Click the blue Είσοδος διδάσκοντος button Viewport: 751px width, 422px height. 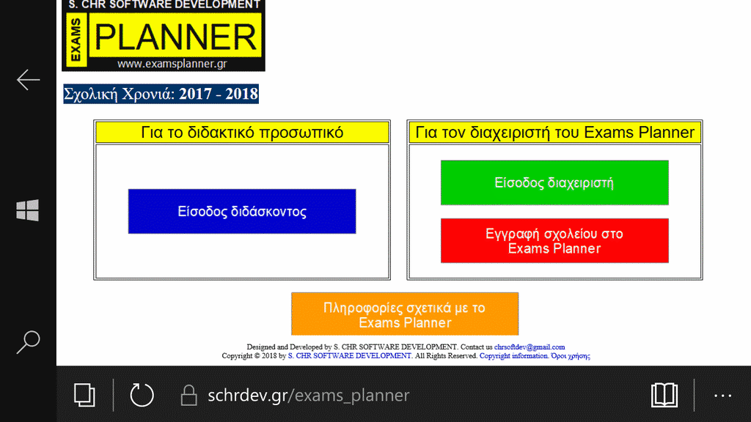tap(242, 212)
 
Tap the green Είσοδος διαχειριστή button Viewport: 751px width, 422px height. tap(554, 182)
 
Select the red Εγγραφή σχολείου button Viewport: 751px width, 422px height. tap(554, 240)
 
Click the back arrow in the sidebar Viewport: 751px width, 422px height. tap(29, 79)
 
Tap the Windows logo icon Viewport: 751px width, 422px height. tap(27, 210)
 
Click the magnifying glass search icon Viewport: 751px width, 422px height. tap(29, 342)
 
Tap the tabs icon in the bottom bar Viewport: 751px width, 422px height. tap(84, 395)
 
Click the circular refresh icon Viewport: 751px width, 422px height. tap(142, 395)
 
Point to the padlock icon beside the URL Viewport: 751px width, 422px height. tap(188, 396)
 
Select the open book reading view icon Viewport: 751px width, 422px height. tap(664, 395)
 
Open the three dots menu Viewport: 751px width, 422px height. tap(722, 396)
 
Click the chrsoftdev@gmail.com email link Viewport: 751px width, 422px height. tap(530, 347)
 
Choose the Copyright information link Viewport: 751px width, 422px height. tap(513, 356)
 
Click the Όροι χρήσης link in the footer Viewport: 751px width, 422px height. tap(571, 356)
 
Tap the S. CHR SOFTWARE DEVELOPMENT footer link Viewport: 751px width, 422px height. tap(350, 356)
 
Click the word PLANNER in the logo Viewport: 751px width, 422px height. tap(175, 37)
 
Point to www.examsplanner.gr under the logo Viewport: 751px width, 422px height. tap(172, 64)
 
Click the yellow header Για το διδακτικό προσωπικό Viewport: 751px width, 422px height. tap(242, 133)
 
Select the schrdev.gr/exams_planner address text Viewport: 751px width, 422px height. tap(309, 395)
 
